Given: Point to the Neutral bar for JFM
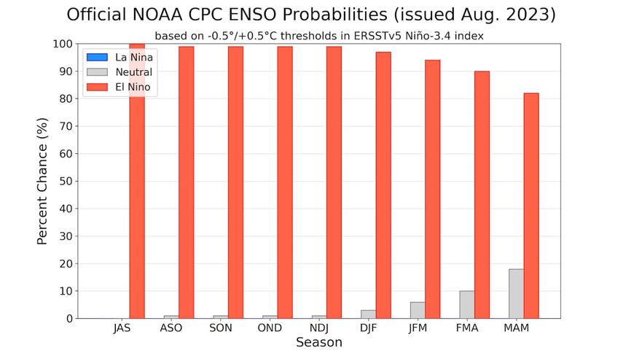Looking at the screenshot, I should pos(418,310).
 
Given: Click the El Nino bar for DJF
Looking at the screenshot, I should pos(383,185).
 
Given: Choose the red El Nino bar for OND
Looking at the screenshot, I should pos(285,182).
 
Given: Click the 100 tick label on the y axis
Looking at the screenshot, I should pos(62,44).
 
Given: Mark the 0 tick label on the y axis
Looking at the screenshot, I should pos(68,319).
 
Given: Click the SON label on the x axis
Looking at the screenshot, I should pos(221,329).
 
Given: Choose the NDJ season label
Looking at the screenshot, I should pos(319,329).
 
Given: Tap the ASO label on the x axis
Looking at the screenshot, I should pos(171,329).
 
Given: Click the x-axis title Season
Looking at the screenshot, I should pos(319,342).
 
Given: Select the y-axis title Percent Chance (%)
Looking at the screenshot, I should pos(42,182).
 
